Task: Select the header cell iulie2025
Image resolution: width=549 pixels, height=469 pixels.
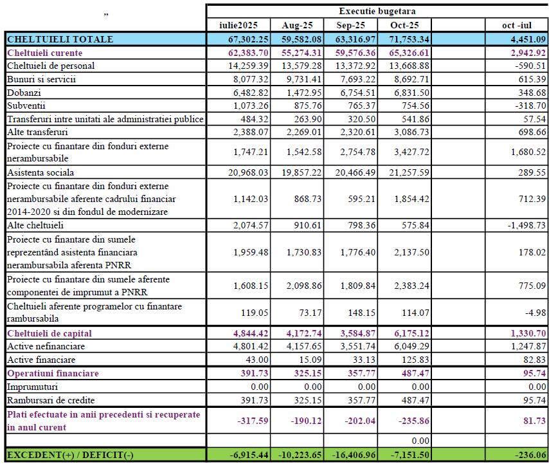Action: tap(238, 25)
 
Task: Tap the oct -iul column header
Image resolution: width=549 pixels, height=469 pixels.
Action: tap(517, 25)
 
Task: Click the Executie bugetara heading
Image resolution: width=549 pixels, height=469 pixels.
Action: tap(377, 11)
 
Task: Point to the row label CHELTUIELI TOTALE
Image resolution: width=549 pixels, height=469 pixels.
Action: tap(60, 39)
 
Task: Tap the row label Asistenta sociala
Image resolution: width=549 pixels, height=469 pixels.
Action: tap(40, 172)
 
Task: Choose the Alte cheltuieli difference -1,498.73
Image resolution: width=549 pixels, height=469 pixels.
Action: tap(522, 226)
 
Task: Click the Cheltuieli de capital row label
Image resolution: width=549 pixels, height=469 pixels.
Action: tap(50, 333)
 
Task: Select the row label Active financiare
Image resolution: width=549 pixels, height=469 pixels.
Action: tap(41, 360)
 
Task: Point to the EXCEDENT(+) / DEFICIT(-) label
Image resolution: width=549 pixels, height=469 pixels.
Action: tap(71, 455)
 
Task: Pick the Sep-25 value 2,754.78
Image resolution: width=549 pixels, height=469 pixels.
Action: tap(352, 152)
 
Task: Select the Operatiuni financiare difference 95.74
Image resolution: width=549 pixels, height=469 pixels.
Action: tap(531, 373)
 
